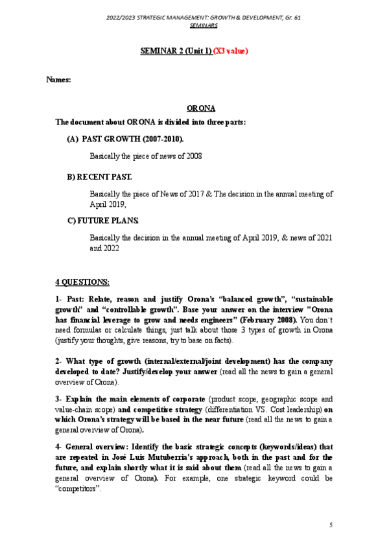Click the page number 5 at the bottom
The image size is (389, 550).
pos(331,524)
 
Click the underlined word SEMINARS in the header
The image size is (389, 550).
pos(203,25)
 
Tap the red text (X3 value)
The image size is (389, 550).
pos(231,51)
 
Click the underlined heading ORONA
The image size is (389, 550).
pos(201,108)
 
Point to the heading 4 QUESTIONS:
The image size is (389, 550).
pos(82,281)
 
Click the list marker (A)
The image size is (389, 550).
pos(73,139)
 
